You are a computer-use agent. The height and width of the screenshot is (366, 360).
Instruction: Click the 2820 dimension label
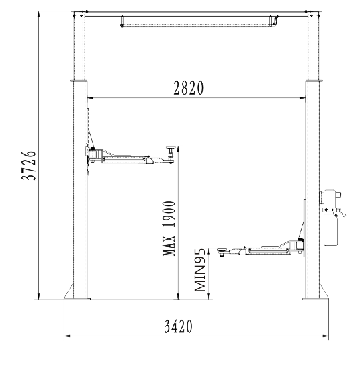pyautogui.click(x=189, y=88)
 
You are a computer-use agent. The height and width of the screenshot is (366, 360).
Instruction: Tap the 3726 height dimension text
pyautogui.click(x=29, y=166)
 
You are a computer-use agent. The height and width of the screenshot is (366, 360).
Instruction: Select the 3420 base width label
pyautogui.click(x=179, y=326)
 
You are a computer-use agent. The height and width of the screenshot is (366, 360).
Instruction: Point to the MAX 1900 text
pyautogui.click(x=169, y=228)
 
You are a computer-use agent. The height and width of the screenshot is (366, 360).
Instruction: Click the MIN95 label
pyautogui.click(x=200, y=270)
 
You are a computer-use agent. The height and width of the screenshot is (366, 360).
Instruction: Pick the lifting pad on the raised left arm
pyautogui.click(x=171, y=147)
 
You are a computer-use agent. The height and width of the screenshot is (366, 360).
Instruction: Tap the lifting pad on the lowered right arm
pyautogui.click(x=222, y=250)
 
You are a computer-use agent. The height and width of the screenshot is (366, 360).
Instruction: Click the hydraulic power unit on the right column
pyautogui.click(x=331, y=218)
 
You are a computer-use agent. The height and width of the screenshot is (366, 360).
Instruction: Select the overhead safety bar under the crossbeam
pyautogui.click(x=198, y=21)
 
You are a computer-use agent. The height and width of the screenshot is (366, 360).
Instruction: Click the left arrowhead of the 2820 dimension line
pyautogui.click(x=90, y=98)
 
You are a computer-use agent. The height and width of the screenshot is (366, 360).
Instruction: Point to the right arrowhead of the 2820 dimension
pyautogui.click(x=302, y=98)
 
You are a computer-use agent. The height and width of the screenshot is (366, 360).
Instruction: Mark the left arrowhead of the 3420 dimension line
pyautogui.click(x=67, y=336)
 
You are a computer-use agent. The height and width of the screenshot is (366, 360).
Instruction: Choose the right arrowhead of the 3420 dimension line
pyautogui.click(x=326, y=336)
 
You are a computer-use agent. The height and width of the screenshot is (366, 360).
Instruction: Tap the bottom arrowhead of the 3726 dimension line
pyautogui.click(x=39, y=296)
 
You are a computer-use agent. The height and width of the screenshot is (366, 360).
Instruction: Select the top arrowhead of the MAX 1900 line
pyautogui.click(x=179, y=149)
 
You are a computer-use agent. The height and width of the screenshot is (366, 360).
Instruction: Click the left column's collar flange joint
pyautogui.click(x=79, y=81)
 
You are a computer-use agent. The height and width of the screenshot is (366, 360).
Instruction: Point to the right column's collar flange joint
pyautogui.click(x=314, y=81)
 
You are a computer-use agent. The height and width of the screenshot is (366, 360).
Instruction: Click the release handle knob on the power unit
pyautogui.click(x=344, y=215)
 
